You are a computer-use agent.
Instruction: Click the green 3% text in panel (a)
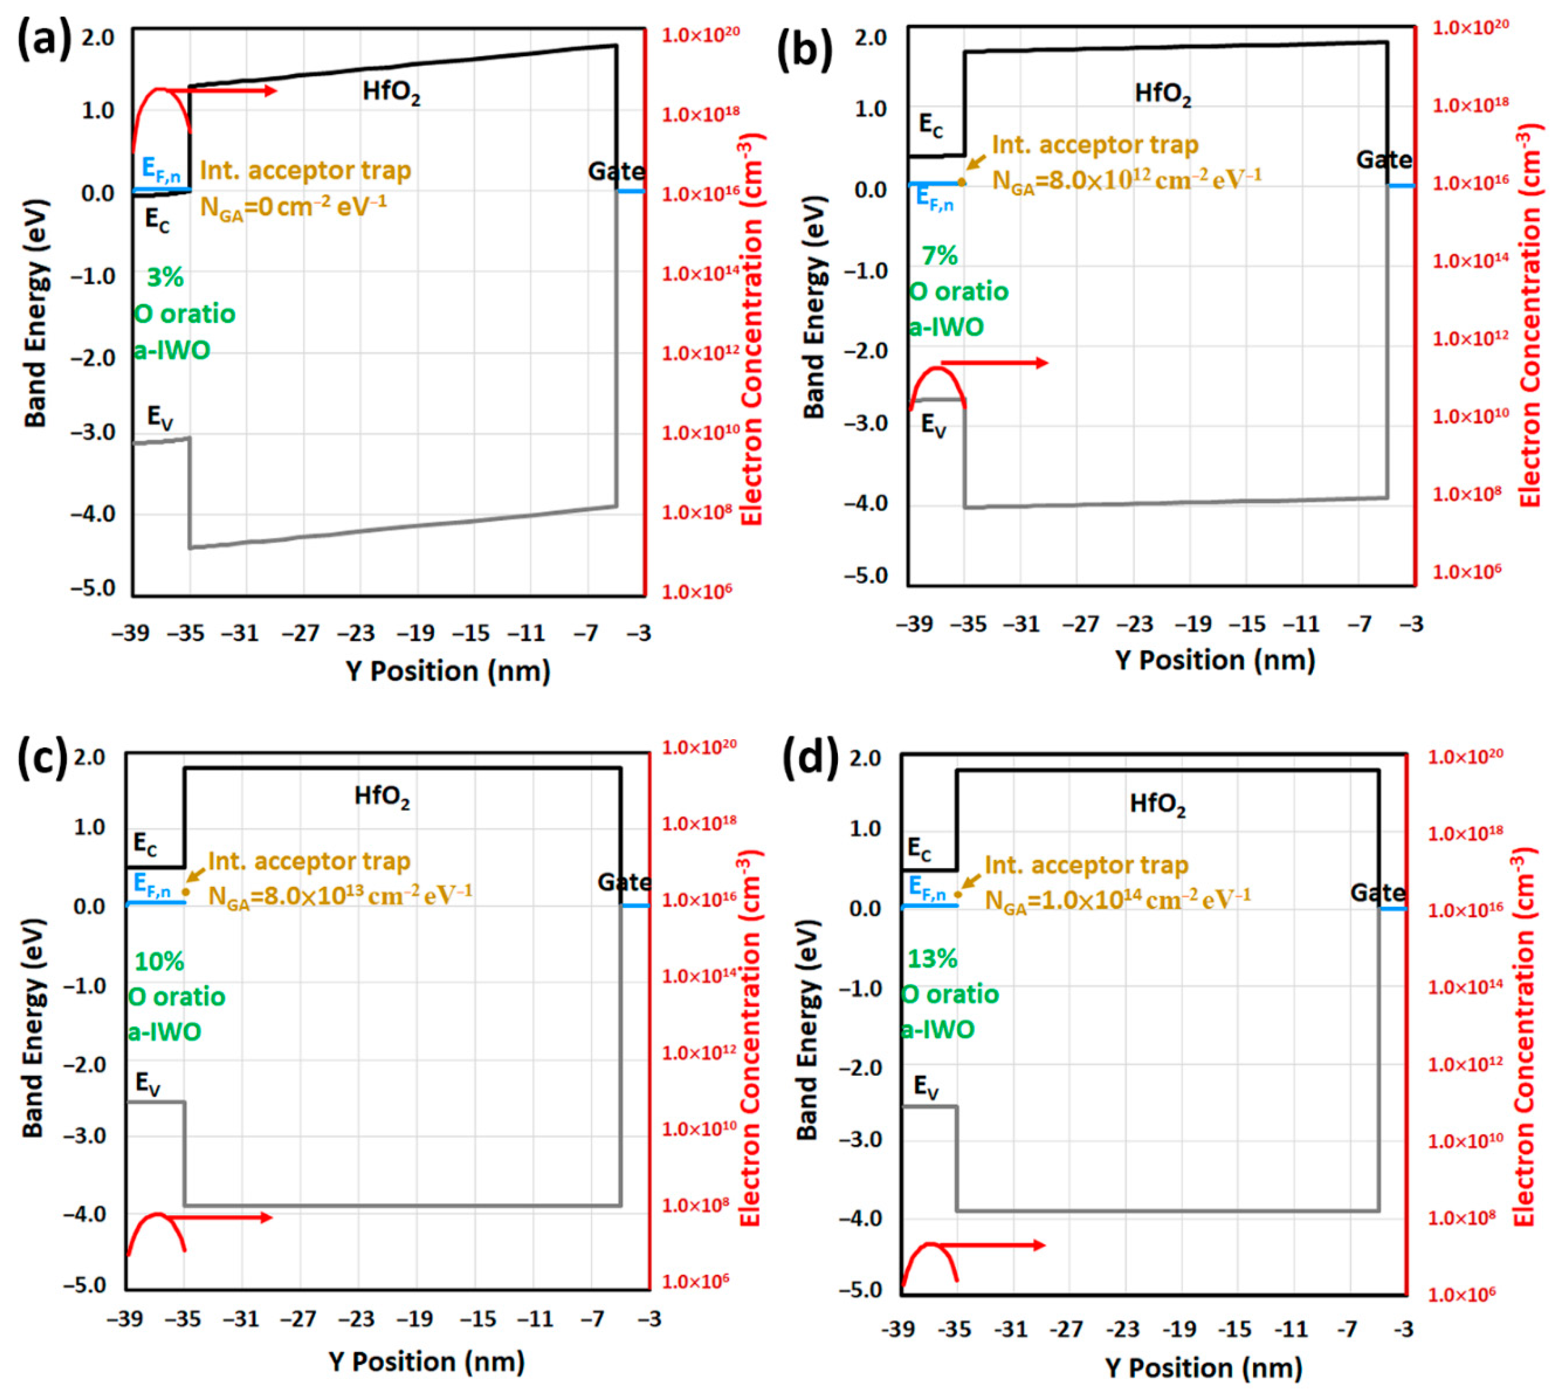click(165, 278)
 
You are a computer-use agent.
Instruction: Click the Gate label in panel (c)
click(624, 883)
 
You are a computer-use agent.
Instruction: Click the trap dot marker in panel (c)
click(186, 891)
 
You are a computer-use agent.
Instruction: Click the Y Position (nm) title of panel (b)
click(1215, 660)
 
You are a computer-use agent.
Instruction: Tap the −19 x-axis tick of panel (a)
click(416, 633)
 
